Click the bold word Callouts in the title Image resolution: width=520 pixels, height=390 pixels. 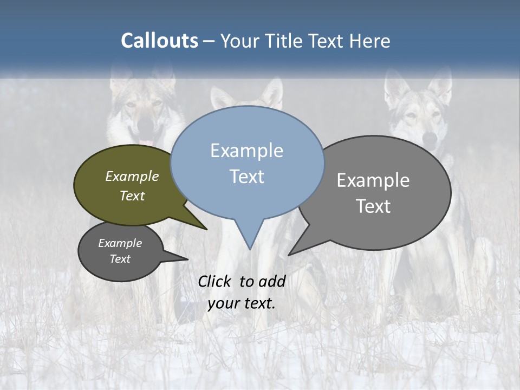click(159, 41)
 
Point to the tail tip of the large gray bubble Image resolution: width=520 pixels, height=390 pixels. click(289, 255)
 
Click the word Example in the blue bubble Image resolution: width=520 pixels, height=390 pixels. click(246, 150)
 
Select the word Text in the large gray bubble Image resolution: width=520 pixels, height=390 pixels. click(373, 206)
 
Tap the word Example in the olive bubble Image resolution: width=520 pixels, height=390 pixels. click(132, 176)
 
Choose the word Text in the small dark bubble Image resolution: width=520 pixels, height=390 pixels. click(120, 259)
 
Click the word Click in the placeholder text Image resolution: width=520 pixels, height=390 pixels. click(215, 281)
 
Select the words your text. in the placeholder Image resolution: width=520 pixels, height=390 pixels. click(242, 303)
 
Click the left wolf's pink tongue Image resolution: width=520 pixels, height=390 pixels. click(146, 143)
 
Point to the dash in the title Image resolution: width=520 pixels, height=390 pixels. click(209, 41)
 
